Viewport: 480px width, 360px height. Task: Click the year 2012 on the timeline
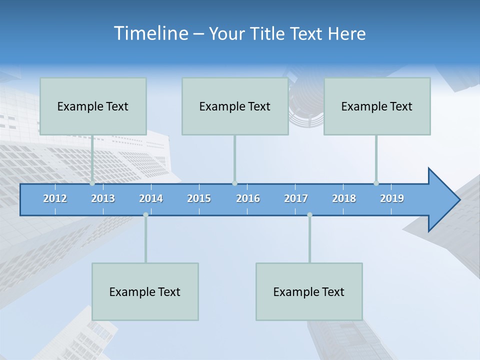pyautogui.click(x=55, y=198)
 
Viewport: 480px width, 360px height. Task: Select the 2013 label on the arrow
pyautogui.click(x=103, y=198)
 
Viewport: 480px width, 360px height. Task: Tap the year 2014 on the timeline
pyautogui.click(x=151, y=198)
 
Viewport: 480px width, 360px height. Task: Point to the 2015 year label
pyautogui.click(x=199, y=198)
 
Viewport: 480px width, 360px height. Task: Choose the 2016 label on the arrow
pyautogui.click(x=248, y=198)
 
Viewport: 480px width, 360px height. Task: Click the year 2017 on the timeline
pyautogui.click(x=296, y=198)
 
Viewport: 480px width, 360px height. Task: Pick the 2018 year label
pyautogui.click(x=344, y=198)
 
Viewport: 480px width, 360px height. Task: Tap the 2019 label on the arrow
pyautogui.click(x=392, y=198)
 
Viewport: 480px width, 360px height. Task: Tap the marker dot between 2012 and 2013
pyautogui.click(x=92, y=183)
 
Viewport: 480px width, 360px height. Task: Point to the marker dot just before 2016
pyautogui.click(x=234, y=183)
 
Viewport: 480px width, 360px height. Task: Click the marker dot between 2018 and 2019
pyautogui.click(x=376, y=183)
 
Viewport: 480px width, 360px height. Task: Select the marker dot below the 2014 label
pyautogui.click(x=145, y=214)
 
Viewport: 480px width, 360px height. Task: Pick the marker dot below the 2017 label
pyautogui.click(x=309, y=214)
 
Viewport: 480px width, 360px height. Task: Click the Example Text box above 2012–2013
pyautogui.click(x=93, y=106)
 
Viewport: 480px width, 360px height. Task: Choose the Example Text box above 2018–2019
pyautogui.click(x=377, y=106)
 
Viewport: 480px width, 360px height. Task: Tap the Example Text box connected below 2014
pyautogui.click(x=145, y=291)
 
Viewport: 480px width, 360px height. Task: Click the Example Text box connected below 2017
pyautogui.click(x=309, y=291)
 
